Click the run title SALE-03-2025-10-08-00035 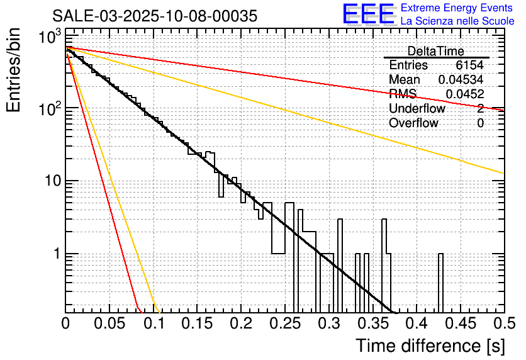155,16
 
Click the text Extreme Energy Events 457,8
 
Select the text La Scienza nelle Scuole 457,21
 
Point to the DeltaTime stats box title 436,51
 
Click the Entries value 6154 470,65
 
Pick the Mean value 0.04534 461,80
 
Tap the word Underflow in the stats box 417,109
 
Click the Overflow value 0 480,123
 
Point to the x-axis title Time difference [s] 430,346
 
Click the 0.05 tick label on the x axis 109,323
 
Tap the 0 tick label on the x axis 66,323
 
